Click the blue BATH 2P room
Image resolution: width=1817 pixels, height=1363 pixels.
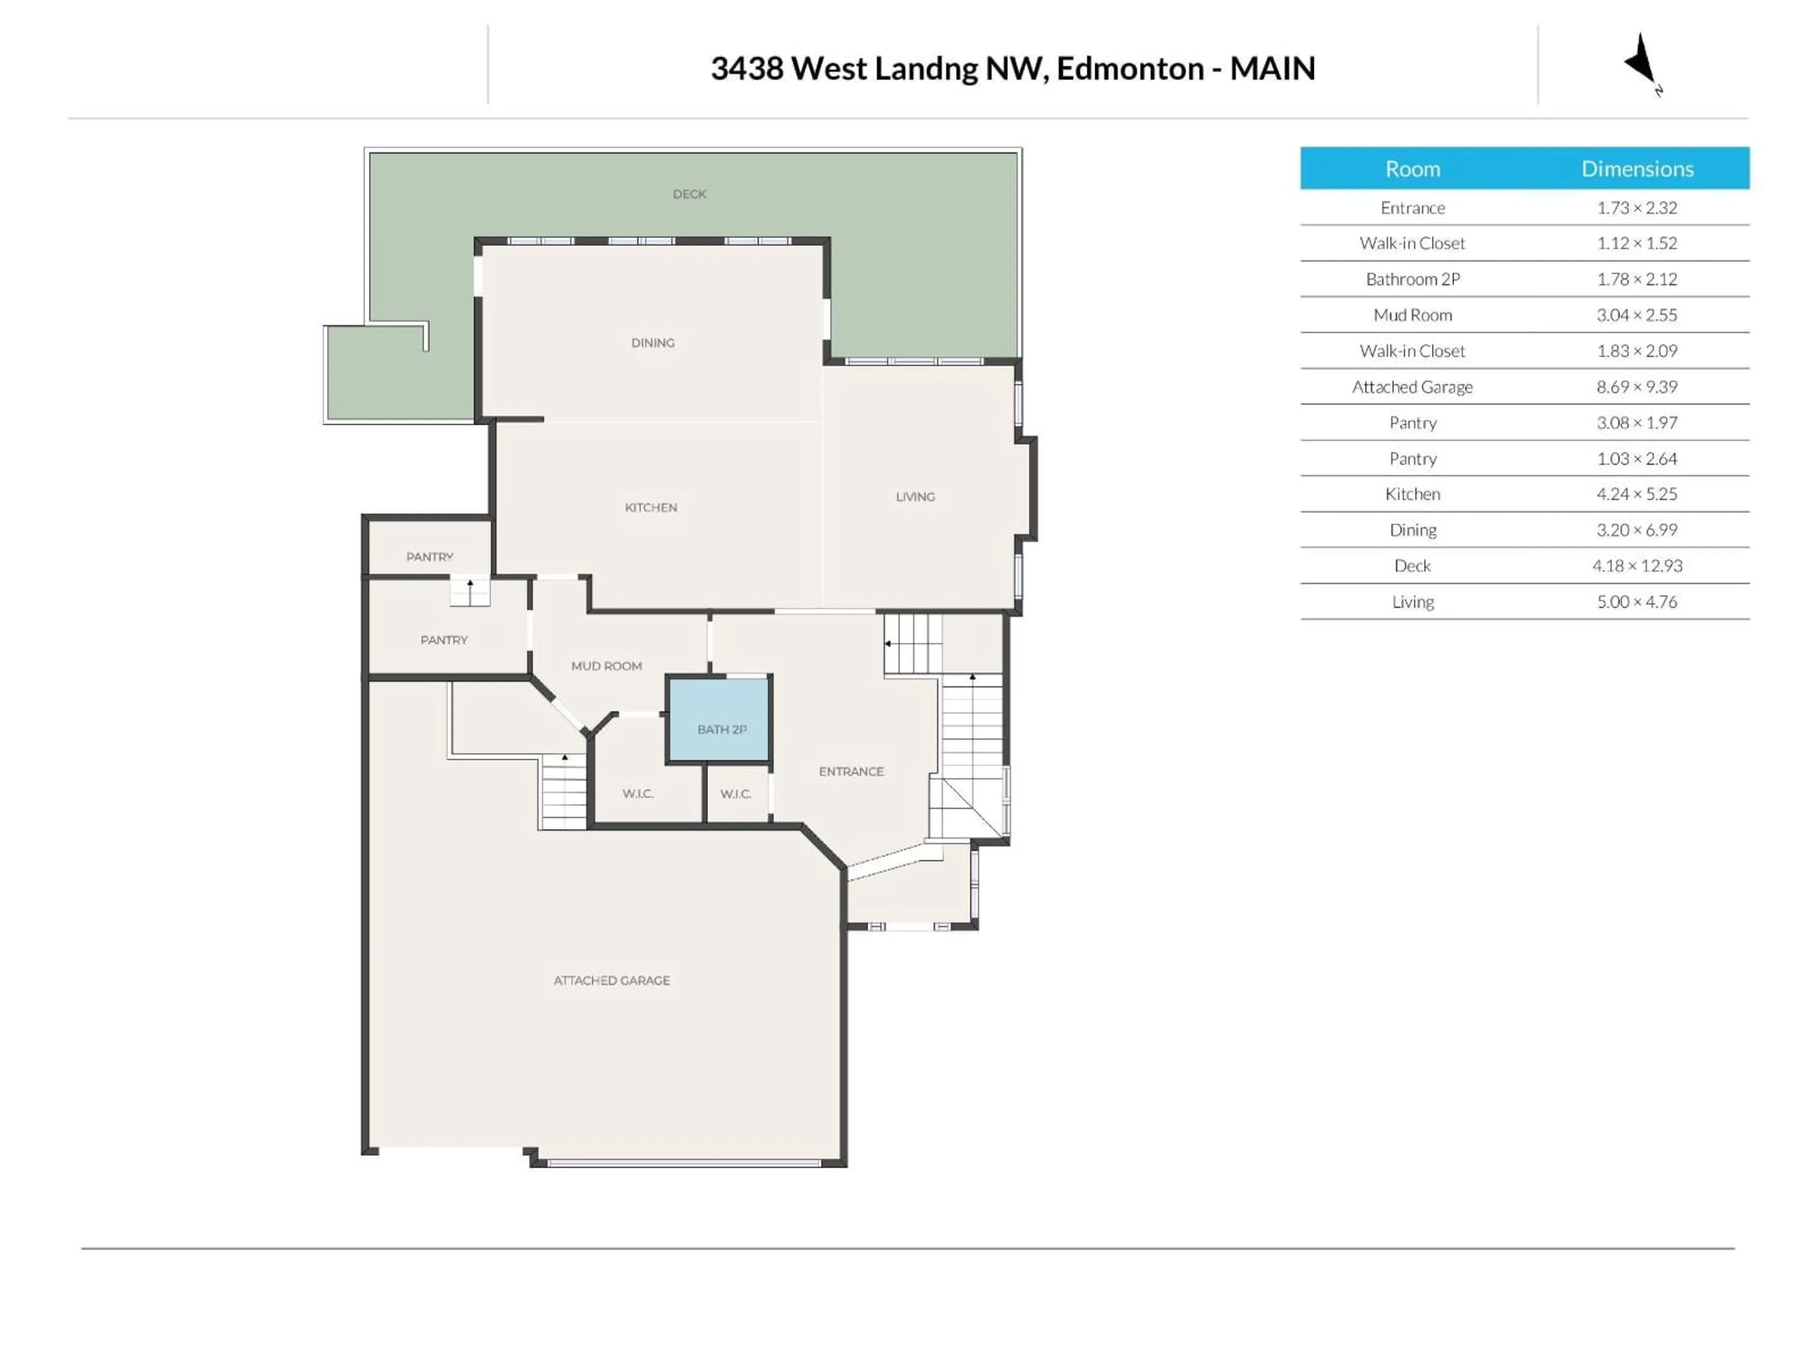tap(720, 720)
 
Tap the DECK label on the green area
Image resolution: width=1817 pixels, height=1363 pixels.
tap(689, 194)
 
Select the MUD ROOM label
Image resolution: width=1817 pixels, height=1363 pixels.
tap(606, 665)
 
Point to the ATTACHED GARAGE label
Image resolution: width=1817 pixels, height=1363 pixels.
tap(611, 980)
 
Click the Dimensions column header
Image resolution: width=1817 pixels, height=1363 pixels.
tap(1637, 168)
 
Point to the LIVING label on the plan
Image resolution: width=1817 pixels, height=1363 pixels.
tap(915, 496)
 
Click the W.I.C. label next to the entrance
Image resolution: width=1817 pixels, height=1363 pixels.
tap(735, 794)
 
